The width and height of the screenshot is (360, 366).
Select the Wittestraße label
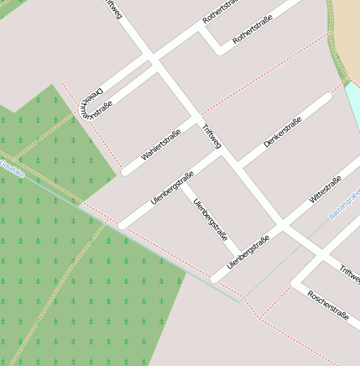(x=325, y=191)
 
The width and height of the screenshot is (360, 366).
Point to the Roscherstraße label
(x=328, y=305)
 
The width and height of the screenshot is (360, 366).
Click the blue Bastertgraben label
(x=345, y=203)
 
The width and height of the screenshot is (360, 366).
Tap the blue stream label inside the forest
(x=12, y=167)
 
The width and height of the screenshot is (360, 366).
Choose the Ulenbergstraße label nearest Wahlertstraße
(x=172, y=188)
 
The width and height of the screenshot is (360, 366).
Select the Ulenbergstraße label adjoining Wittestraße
(x=248, y=252)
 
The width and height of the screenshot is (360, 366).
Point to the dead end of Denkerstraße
(x=326, y=97)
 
